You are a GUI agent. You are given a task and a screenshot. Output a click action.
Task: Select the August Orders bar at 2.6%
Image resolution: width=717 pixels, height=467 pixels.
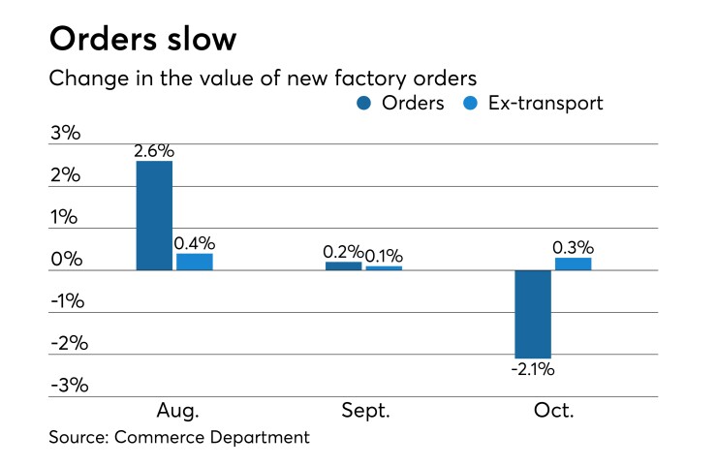[x=154, y=215]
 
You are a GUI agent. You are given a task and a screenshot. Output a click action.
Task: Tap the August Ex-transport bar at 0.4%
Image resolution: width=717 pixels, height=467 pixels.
[x=195, y=262]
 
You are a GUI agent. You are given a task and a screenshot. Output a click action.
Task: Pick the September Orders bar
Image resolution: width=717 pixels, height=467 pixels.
[x=343, y=265]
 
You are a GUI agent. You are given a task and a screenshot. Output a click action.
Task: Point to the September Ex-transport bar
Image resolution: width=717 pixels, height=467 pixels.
[x=384, y=267]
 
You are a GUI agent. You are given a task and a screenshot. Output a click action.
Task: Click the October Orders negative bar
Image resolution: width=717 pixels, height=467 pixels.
[x=533, y=314]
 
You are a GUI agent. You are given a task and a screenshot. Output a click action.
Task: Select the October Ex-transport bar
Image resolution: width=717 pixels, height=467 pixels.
[x=574, y=264]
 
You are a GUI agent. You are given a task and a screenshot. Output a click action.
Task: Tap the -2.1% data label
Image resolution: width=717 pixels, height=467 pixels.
[x=532, y=370]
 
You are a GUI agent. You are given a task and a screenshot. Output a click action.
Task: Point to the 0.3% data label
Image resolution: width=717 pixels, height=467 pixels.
[x=574, y=247]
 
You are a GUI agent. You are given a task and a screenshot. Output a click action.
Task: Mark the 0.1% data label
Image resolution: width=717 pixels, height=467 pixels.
[x=384, y=256]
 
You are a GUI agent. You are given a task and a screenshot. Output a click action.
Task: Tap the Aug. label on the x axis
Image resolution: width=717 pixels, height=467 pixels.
[x=176, y=410]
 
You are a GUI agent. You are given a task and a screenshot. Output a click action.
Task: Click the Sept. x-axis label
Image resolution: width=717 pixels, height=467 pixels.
[x=365, y=410]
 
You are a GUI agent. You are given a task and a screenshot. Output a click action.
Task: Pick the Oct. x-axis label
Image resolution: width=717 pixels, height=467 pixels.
[x=552, y=410]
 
